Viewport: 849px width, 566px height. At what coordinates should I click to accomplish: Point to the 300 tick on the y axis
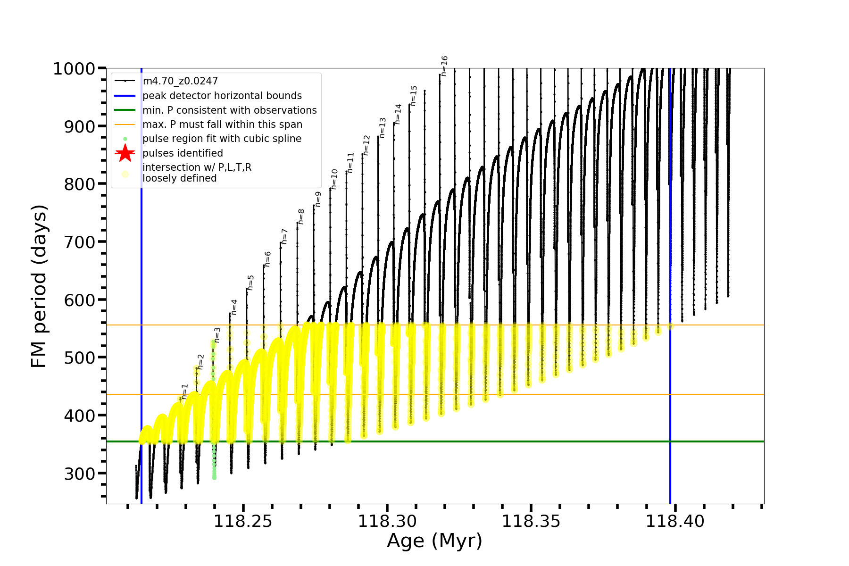[x=79, y=474]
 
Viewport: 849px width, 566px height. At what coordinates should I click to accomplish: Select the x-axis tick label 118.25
[x=243, y=521]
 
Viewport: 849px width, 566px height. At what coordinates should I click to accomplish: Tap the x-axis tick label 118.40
[x=674, y=521]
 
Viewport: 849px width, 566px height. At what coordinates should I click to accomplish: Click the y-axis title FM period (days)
[x=39, y=286]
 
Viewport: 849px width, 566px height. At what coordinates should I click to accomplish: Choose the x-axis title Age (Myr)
[x=434, y=541]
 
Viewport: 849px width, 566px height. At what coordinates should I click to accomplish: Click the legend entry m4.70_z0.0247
[x=180, y=81]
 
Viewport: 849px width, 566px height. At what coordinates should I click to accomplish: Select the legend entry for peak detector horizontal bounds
[x=222, y=96]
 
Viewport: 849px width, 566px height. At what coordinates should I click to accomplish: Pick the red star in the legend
[x=125, y=153]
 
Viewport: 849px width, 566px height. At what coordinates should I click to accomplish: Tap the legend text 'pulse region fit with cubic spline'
[x=222, y=139]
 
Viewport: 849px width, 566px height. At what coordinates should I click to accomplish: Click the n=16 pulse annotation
[x=444, y=66]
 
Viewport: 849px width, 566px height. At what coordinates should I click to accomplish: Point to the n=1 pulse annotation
[x=185, y=391]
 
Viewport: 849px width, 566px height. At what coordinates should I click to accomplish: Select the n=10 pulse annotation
[x=334, y=179]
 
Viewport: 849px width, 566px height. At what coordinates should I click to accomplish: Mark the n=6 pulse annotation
[x=267, y=259]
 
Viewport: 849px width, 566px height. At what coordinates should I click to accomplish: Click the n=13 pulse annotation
[x=383, y=128]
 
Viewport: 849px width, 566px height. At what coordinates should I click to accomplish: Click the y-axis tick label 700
[x=79, y=242]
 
